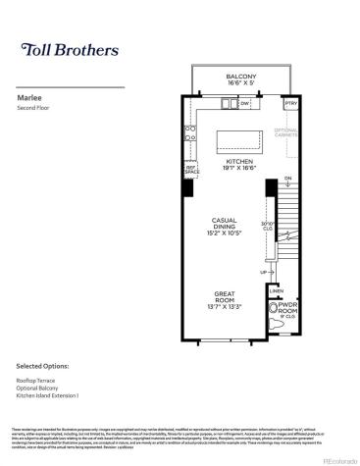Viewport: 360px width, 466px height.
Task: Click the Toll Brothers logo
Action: [x=70, y=50]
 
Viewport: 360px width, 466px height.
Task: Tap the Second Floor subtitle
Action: [x=35, y=108]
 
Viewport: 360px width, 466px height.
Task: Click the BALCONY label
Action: [x=240, y=77]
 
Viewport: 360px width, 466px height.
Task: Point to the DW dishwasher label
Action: [x=244, y=103]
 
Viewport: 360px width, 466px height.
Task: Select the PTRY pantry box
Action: [x=289, y=103]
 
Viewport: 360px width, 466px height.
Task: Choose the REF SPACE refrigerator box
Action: [x=191, y=169]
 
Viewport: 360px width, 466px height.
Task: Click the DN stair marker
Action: [x=287, y=178]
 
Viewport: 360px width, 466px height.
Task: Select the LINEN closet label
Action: [x=276, y=291]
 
